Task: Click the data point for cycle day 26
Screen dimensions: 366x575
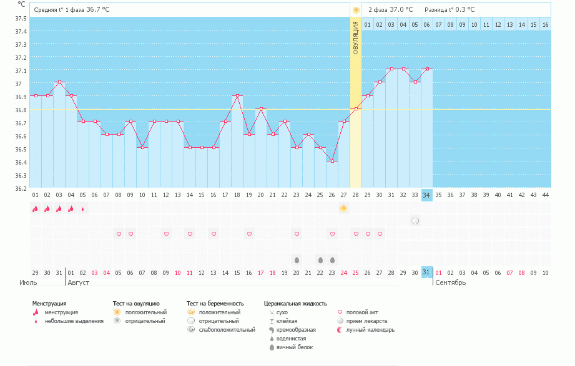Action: pyautogui.click(x=332, y=161)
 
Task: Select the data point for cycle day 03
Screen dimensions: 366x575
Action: pyautogui.click(x=59, y=82)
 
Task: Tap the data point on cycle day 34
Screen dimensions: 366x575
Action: pyautogui.click(x=427, y=69)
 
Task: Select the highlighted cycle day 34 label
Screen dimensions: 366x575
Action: pyautogui.click(x=427, y=195)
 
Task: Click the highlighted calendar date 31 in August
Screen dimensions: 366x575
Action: pyautogui.click(x=426, y=272)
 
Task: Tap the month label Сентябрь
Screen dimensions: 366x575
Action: pyautogui.click(x=450, y=283)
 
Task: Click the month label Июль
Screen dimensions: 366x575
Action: pyautogui.click(x=28, y=283)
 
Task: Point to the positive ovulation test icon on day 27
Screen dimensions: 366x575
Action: pyautogui.click(x=343, y=208)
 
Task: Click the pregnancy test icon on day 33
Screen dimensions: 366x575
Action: pyautogui.click(x=415, y=221)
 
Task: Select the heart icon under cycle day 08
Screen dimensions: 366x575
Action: pyautogui.click(x=119, y=234)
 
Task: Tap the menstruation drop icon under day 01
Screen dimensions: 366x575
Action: pyautogui.click(x=35, y=209)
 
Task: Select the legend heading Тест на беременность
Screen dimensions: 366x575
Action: pyautogui.click(x=215, y=304)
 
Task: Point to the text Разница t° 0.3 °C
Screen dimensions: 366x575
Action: pyautogui.click(x=450, y=10)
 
